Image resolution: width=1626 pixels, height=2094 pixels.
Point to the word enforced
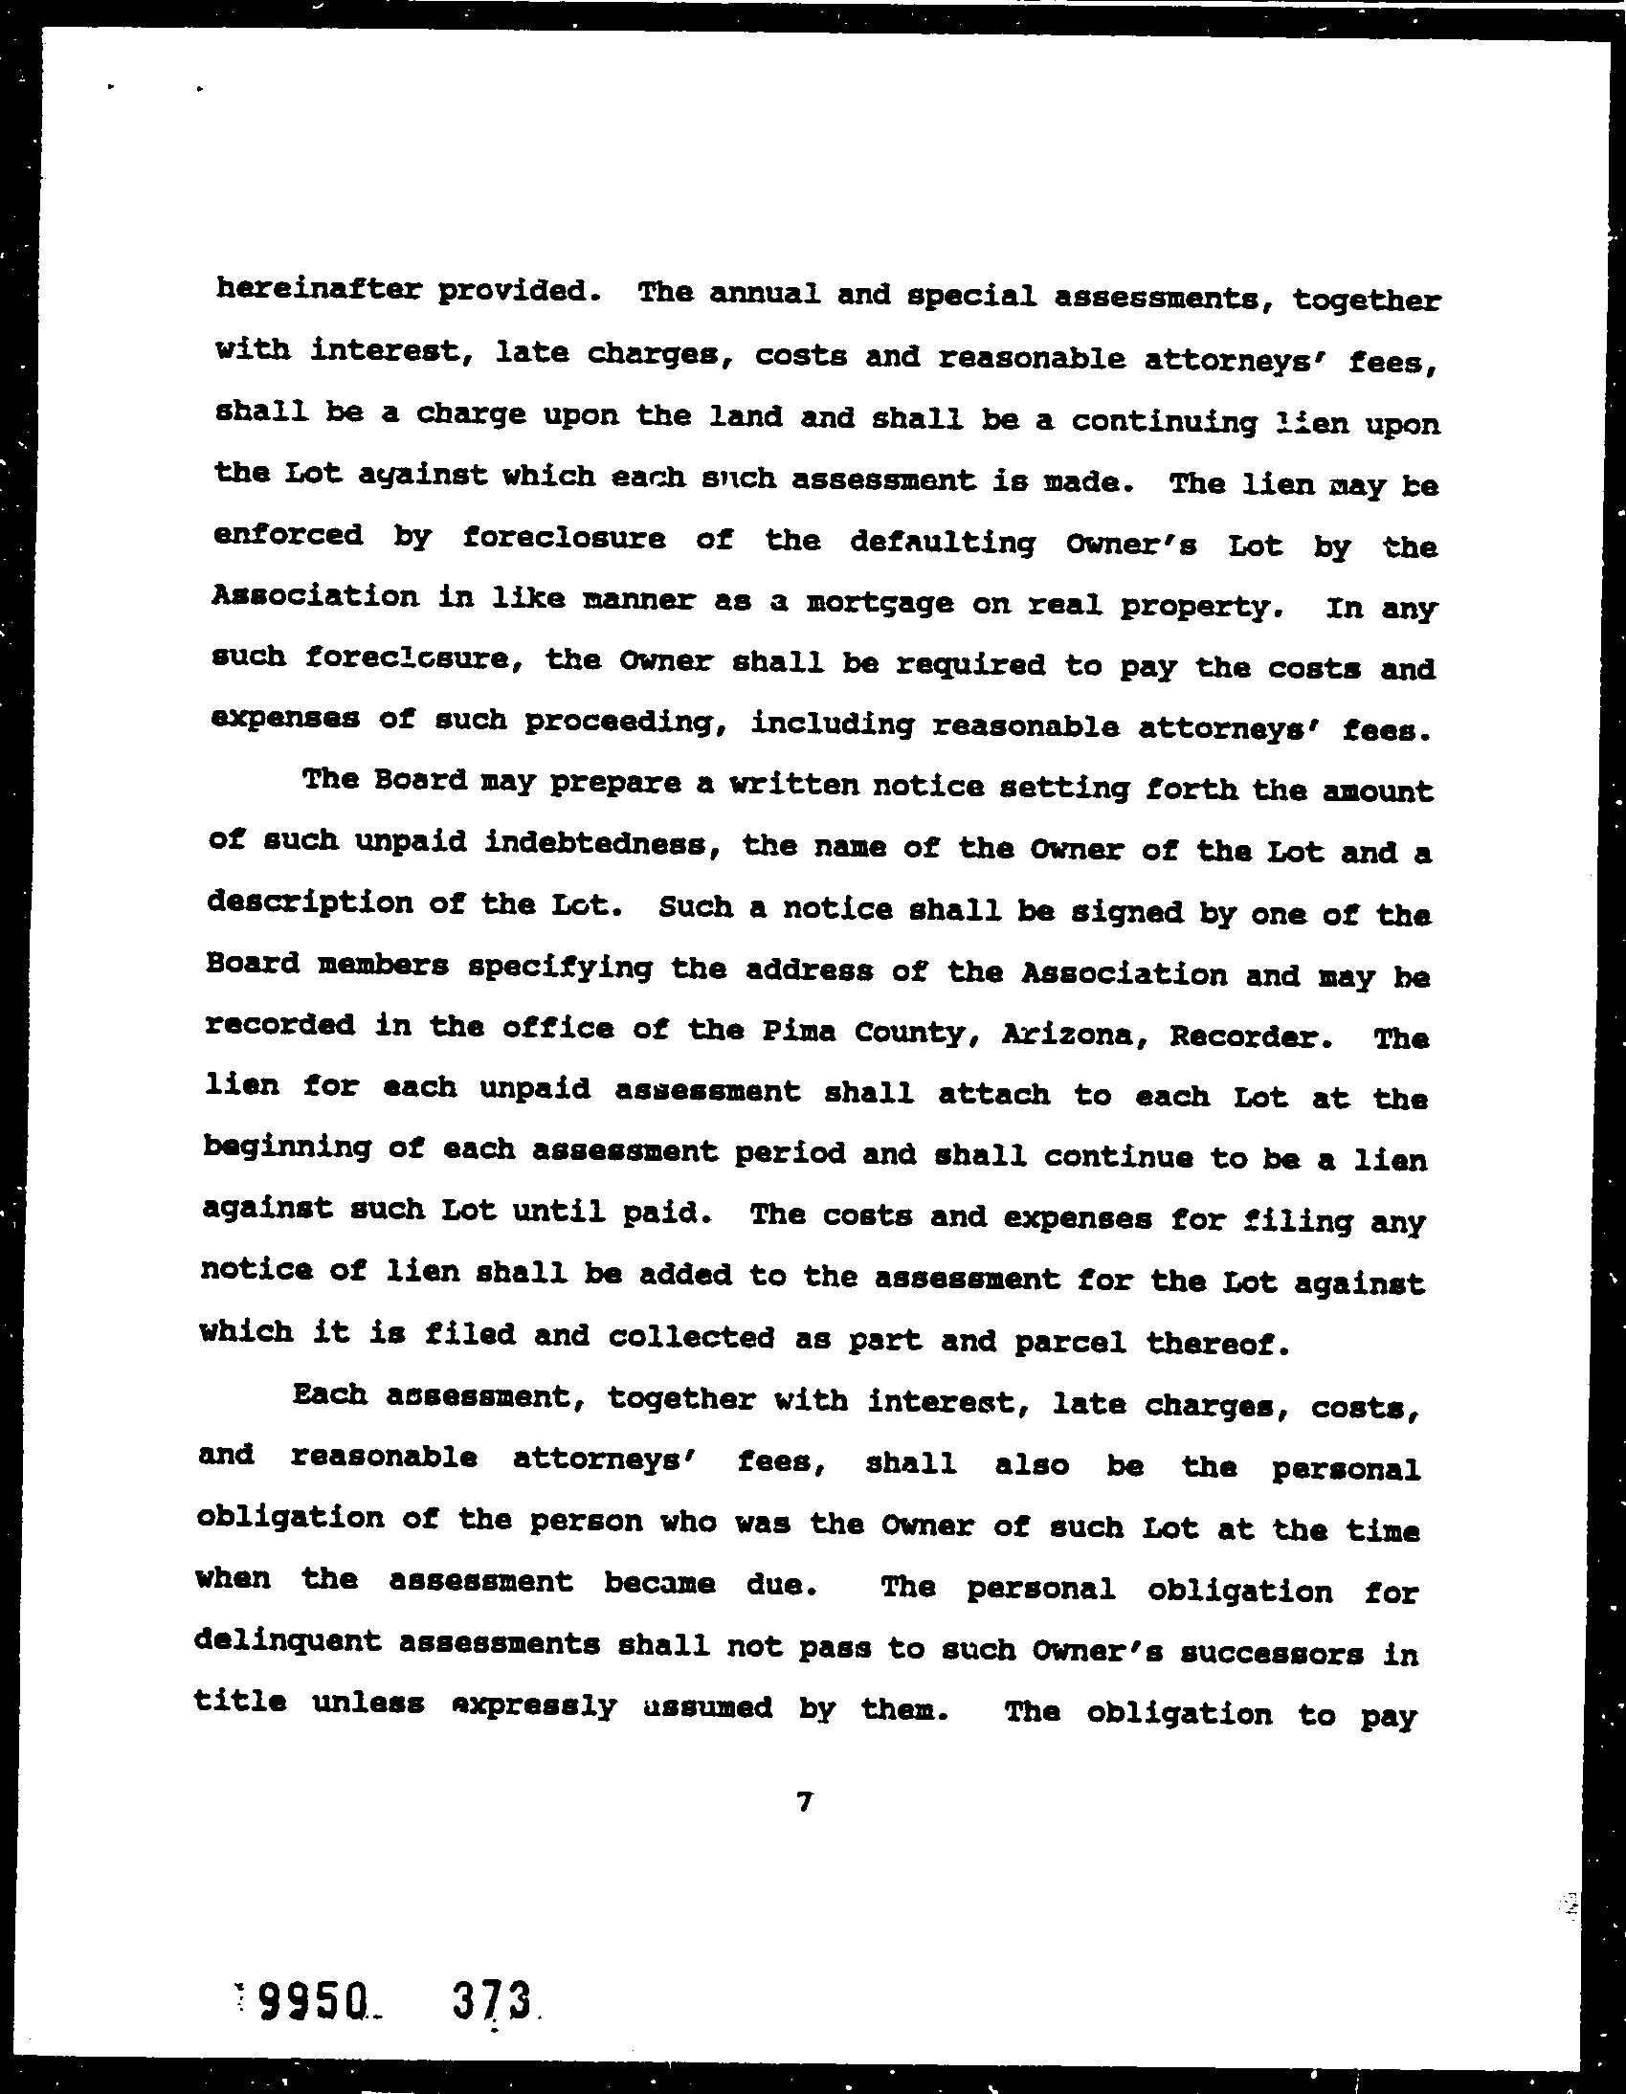click(x=288, y=534)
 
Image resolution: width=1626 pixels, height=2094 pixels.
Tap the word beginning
click(x=288, y=1148)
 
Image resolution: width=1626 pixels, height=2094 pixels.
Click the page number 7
click(x=804, y=1803)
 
